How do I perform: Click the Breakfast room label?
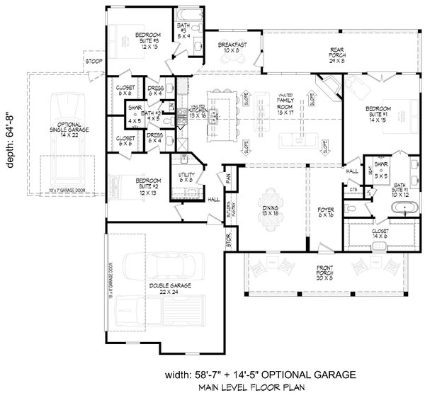[x=232, y=47]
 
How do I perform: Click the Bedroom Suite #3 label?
[x=148, y=40]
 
